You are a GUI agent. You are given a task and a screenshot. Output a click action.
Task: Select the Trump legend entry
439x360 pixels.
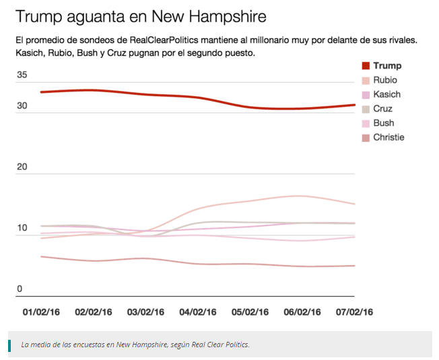point(381,66)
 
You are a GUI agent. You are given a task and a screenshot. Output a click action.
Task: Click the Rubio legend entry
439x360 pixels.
point(381,80)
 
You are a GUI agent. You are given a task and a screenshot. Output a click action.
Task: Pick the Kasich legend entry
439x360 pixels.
point(381,94)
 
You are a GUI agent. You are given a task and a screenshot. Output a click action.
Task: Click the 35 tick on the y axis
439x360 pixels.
point(22,75)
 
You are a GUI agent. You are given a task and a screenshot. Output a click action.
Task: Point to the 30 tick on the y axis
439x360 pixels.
point(22,106)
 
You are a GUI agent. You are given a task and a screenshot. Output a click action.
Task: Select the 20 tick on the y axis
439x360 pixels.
point(22,167)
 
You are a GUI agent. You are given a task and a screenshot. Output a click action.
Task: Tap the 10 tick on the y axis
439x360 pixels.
point(22,228)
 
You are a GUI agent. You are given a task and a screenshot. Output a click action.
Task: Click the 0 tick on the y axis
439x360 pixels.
point(20,289)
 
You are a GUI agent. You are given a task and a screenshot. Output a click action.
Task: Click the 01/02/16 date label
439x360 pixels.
point(42,312)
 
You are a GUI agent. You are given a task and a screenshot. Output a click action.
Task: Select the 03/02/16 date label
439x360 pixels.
point(146,312)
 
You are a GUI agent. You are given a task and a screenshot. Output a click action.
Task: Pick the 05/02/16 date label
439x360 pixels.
point(250,312)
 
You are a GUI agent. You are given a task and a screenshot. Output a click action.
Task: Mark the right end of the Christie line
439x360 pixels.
point(353,266)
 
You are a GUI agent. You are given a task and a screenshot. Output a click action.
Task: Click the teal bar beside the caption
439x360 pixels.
point(10,345)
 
